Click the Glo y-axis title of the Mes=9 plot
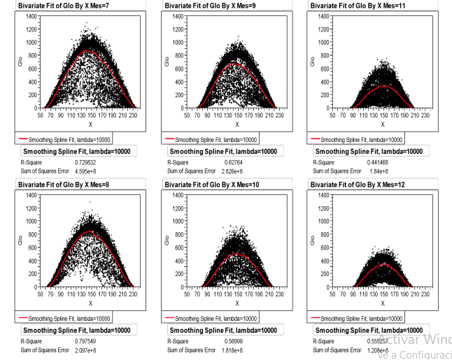click(x=167, y=62)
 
